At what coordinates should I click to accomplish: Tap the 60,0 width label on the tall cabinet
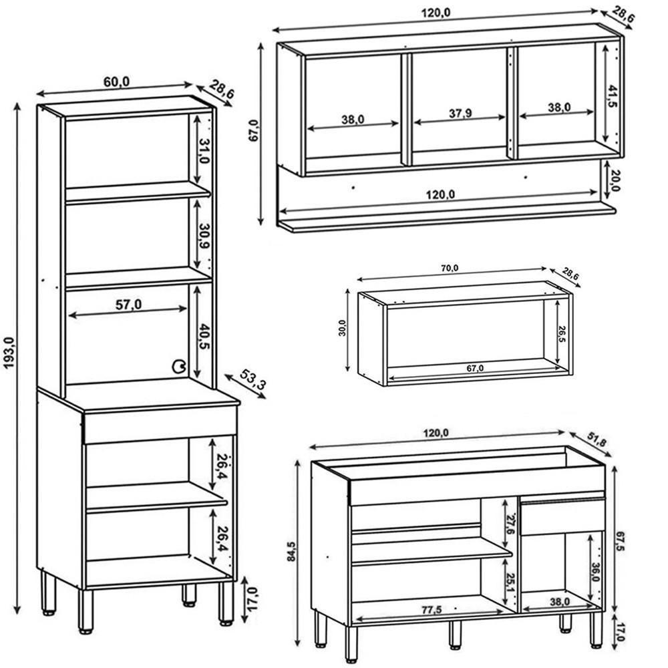(116, 81)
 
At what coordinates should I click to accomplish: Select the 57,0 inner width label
(128, 305)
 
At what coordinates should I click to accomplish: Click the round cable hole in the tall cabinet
(179, 365)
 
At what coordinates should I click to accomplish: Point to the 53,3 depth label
(249, 383)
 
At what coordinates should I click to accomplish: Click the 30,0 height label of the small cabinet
(342, 329)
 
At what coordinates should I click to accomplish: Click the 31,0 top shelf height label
(204, 152)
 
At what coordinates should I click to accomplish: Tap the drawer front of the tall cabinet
(159, 427)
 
